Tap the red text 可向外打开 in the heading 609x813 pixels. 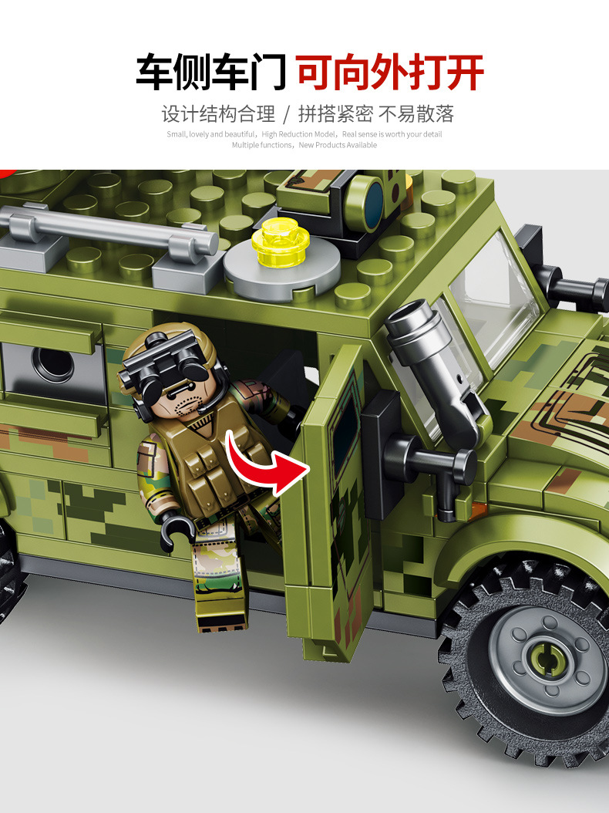tap(390, 73)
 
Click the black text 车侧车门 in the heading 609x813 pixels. tap(211, 73)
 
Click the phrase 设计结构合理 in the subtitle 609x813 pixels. tap(218, 115)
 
